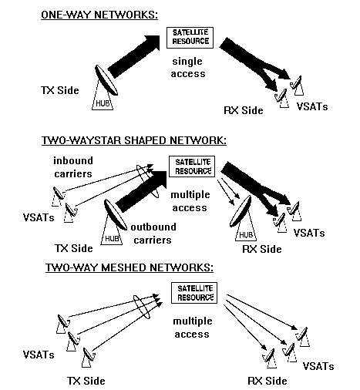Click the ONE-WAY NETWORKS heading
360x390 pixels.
tap(99, 15)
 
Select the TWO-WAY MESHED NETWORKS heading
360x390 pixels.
tap(130, 267)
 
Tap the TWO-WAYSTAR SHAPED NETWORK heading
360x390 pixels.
tap(134, 140)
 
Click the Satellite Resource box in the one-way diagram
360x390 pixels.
tap(190, 38)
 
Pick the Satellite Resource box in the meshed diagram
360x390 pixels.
tap(194, 293)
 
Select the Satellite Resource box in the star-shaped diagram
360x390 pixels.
tap(192, 166)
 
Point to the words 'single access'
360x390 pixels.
tap(188, 68)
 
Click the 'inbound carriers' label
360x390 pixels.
tap(73, 167)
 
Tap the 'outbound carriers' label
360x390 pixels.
tap(153, 234)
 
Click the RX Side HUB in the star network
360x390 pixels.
tap(243, 218)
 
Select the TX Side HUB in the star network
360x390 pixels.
tap(113, 222)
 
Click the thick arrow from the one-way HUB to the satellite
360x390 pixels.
tap(134, 56)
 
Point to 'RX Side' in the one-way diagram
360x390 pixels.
tap(244, 110)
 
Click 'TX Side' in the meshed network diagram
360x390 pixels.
tap(86, 381)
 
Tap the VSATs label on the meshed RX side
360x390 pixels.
tap(318, 366)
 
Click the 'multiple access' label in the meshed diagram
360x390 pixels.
tap(193, 328)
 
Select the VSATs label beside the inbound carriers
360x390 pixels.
tap(39, 217)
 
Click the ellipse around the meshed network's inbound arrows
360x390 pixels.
tap(141, 307)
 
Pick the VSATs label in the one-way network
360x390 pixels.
tap(312, 106)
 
